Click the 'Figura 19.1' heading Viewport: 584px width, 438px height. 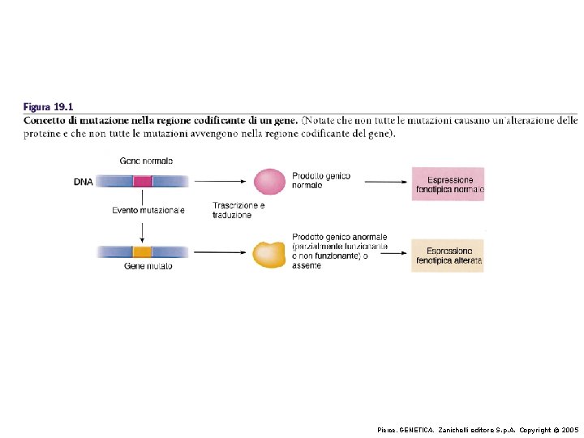(x=48, y=107)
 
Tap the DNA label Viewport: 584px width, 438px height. (x=83, y=182)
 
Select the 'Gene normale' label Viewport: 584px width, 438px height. (x=146, y=161)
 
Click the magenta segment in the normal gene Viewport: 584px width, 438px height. (x=143, y=182)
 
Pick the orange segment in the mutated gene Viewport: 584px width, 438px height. (x=142, y=252)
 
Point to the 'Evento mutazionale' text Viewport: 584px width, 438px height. (x=148, y=210)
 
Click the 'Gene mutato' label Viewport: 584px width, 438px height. (x=148, y=266)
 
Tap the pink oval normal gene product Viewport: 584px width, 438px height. (x=269, y=182)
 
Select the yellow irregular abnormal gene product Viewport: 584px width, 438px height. (x=269, y=255)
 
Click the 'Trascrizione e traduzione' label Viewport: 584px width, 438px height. (x=238, y=210)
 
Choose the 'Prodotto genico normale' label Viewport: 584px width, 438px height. (x=321, y=181)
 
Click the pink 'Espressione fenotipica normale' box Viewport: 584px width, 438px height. (x=448, y=184)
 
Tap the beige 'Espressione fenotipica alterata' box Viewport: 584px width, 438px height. (x=447, y=255)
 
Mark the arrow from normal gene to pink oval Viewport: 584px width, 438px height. (x=220, y=182)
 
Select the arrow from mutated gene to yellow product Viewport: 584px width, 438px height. (x=220, y=252)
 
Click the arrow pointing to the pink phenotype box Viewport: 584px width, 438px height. (x=386, y=182)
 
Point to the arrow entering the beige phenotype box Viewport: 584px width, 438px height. (x=393, y=253)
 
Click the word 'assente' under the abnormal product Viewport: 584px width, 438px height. (x=307, y=265)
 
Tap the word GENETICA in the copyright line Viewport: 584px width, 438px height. (x=416, y=430)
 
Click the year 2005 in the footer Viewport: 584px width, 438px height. (x=570, y=430)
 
